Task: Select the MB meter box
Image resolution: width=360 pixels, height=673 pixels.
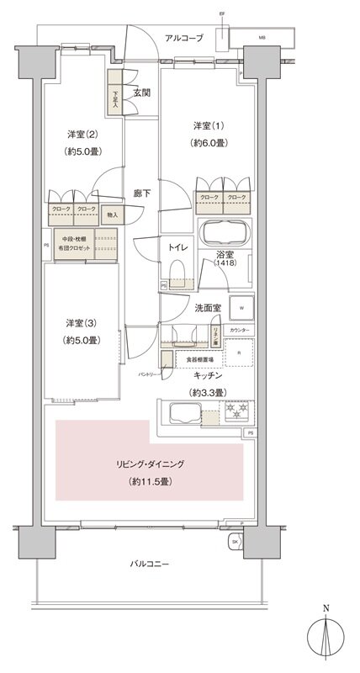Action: point(262,39)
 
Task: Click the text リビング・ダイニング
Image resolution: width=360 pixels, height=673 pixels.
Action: point(151,464)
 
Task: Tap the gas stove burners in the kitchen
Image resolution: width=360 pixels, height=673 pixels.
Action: point(237,412)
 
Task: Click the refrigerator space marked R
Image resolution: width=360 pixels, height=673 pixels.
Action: point(238,353)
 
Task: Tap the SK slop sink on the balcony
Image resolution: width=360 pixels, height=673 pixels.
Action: point(234,542)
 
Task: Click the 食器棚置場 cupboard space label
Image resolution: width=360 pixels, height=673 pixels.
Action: point(199,359)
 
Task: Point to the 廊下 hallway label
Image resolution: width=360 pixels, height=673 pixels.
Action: point(141,193)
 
